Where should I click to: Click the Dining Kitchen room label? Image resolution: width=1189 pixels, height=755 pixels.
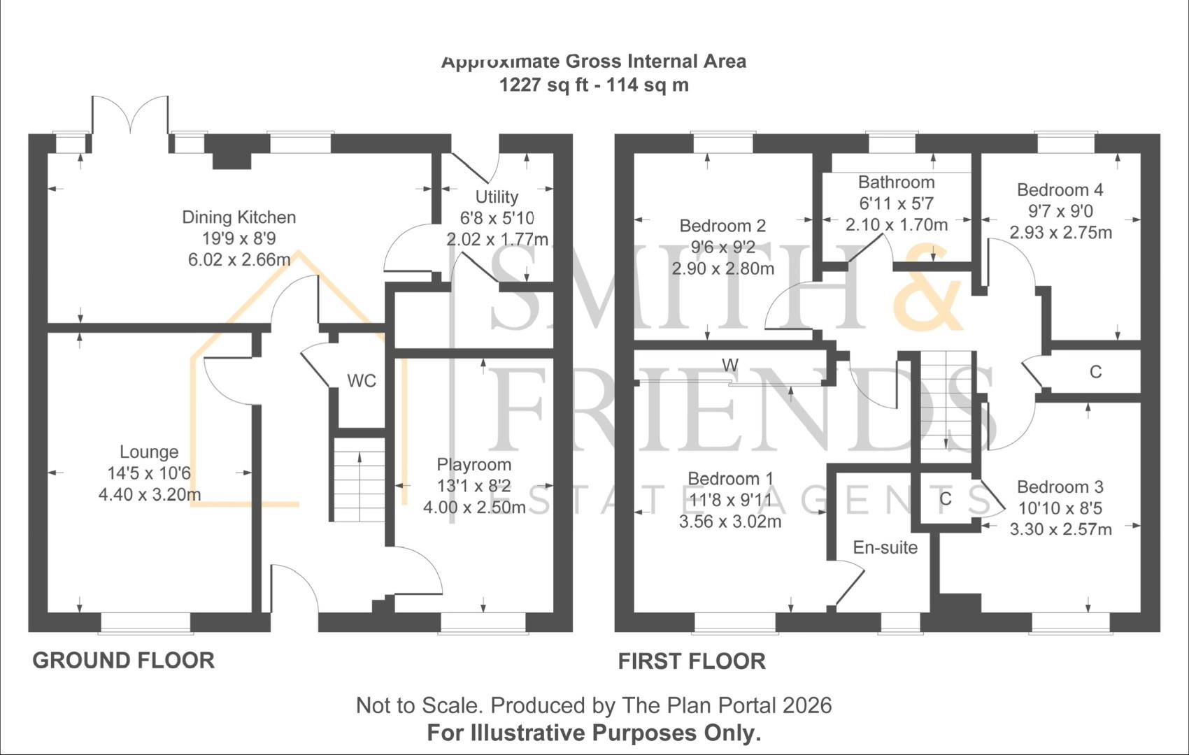(x=238, y=217)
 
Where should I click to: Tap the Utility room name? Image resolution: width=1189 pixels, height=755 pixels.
(x=497, y=197)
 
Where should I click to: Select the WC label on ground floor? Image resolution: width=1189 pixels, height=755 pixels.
(x=362, y=381)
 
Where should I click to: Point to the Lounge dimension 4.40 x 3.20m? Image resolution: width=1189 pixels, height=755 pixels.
(x=150, y=495)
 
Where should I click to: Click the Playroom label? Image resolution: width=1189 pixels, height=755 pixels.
(x=474, y=465)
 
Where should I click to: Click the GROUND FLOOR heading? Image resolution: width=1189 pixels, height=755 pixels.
(x=123, y=661)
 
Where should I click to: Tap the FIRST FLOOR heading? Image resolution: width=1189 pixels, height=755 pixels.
(x=691, y=661)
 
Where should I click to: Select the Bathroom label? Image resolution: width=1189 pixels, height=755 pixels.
(x=896, y=182)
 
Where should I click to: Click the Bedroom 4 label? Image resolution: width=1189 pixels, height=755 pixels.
(x=1060, y=190)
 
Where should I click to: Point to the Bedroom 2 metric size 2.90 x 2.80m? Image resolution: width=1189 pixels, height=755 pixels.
(x=722, y=269)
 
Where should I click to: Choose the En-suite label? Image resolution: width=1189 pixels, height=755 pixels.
(x=885, y=548)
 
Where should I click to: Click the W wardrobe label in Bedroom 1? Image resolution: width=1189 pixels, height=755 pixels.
(x=729, y=365)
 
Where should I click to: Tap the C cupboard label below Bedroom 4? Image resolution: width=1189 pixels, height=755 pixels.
(x=1095, y=372)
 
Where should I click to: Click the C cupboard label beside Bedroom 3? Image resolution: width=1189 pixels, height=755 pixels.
(x=945, y=499)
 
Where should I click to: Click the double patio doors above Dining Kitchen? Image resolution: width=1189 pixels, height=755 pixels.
(x=130, y=115)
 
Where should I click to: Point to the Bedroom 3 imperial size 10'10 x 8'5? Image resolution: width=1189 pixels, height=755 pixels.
(x=1060, y=508)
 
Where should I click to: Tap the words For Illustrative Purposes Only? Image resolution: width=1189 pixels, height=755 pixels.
(x=594, y=733)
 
